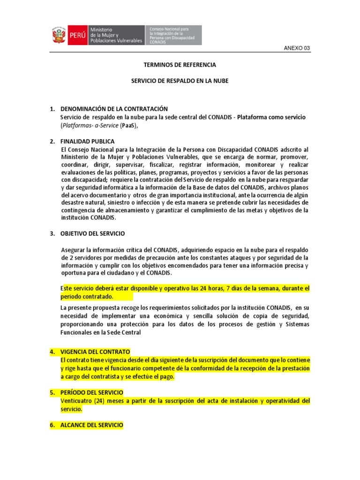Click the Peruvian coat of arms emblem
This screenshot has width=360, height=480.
click(x=59, y=35)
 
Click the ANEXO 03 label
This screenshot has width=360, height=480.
click(x=297, y=48)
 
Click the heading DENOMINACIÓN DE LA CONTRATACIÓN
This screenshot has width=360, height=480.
click(x=114, y=109)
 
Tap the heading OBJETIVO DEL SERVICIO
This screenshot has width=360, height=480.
click(x=93, y=233)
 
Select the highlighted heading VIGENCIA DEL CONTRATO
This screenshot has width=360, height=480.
click(x=96, y=352)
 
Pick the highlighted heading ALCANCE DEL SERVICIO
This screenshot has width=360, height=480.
click(x=92, y=425)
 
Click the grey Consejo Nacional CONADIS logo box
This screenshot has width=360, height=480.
click(x=174, y=35)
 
